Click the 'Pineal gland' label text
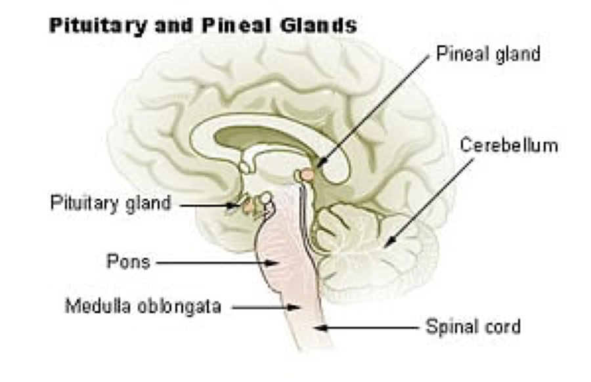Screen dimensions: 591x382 pos(488,54)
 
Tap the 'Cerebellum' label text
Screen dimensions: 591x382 pos(509,146)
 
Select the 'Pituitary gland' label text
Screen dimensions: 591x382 pos(110,203)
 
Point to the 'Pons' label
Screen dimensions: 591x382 pos(129,261)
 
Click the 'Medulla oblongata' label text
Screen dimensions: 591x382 pos(143,307)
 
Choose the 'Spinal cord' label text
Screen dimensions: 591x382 pos(473,327)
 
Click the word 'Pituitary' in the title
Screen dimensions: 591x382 pos(98,26)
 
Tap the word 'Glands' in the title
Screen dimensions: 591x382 pos(318,25)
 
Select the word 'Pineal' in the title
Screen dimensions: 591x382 pos(236,25)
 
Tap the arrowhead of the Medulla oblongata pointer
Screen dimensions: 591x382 pos(294,307)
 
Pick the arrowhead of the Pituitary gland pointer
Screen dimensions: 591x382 pos(233,205)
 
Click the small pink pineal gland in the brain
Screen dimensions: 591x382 pos(308,175)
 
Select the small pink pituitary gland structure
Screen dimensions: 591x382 pos(248,207)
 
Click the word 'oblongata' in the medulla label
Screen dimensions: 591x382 pos(179,307)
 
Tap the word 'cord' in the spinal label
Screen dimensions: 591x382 pos(503,326)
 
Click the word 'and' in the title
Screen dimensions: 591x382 pos(174,25)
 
